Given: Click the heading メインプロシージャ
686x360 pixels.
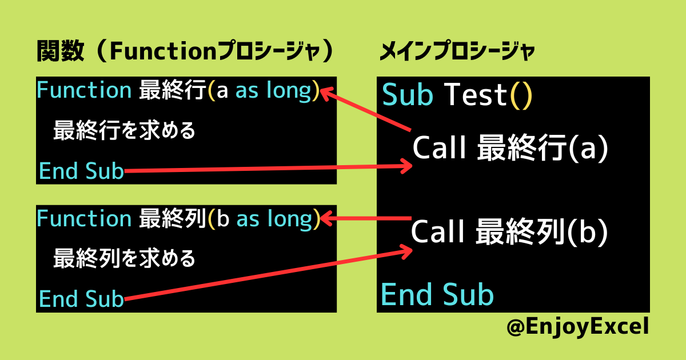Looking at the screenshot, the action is click(457, 51).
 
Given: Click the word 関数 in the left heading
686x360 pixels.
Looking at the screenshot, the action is click(61, 51).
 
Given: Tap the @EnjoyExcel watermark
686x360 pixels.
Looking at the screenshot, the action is click(577, 327).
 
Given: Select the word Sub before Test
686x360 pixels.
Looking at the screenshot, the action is click(408, 95).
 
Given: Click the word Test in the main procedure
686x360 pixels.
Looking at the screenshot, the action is click(476, 95).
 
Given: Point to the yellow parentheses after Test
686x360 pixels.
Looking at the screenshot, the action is click(521, 95).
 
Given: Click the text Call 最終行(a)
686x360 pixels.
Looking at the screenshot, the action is click(510, 148).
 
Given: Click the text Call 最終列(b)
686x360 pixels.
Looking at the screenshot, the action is click(509, 231).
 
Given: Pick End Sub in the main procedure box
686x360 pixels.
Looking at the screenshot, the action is click(437, 294).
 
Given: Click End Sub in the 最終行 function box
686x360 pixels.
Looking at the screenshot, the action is click(81, 171).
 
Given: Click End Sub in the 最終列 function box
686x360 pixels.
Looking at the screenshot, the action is click(81, 299).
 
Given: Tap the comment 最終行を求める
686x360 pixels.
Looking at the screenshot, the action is click(125, 130).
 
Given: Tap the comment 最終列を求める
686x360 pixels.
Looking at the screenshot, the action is click(125, 259).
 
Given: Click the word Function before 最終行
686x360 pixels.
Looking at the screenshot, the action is click(84, 90).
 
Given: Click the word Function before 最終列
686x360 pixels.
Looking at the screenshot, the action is click(84, 218).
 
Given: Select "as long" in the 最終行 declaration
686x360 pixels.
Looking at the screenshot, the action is click(273, 91).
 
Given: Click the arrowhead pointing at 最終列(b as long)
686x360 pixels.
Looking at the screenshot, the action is click(326, 218).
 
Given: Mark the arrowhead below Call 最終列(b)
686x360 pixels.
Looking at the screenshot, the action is click(406, 251).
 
